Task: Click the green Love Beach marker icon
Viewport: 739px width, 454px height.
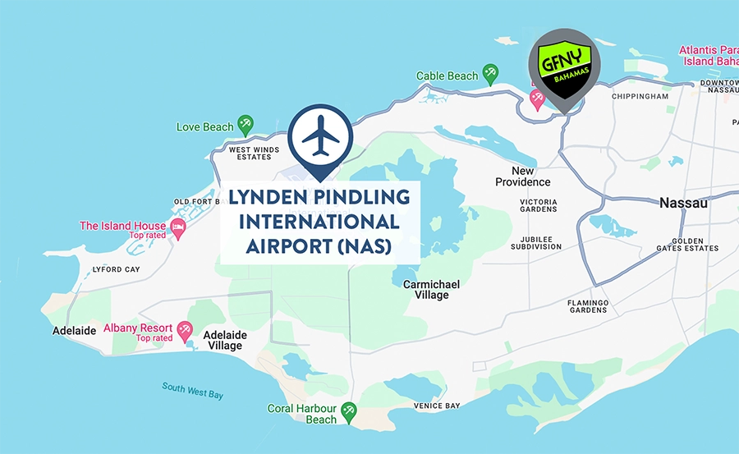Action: (x=246, y=125)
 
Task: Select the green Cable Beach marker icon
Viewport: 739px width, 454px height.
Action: (x=491, y=73)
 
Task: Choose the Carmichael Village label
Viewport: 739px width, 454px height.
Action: (x=431, y=290)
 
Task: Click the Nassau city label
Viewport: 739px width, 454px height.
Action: (x=683, y=203)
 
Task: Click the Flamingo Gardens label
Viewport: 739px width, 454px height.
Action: (x=588, y=307)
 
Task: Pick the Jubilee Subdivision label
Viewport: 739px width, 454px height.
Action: (x=536, y=242)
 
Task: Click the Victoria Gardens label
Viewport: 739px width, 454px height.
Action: (x=538, y=205)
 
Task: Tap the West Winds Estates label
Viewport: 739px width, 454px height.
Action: (x=254, y=154)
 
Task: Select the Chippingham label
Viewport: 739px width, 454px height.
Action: (x=640, y=96)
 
